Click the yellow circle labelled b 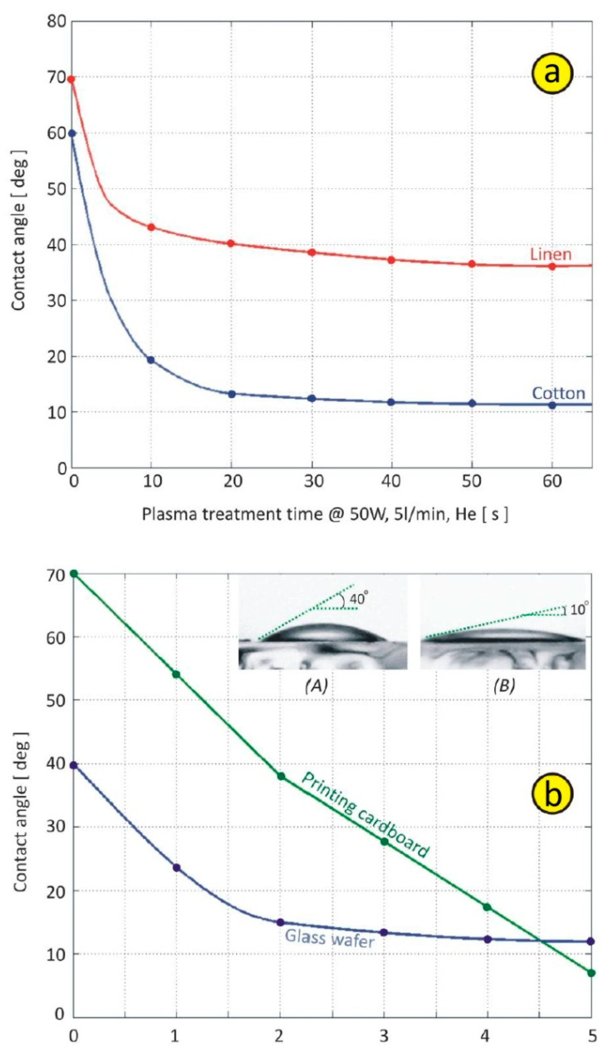coord(552,793)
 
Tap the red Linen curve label coord(550,254)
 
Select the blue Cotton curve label coord(559,393)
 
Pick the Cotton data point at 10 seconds coord(151,360)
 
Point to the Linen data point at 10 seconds coord(151,227)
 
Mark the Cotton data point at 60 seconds coord(552,405)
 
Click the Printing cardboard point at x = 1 coord(176,674)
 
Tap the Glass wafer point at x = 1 coord(176,868)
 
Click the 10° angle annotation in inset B coord(579,610)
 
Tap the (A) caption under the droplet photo coord(316,686)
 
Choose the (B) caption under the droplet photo coord(504,686)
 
